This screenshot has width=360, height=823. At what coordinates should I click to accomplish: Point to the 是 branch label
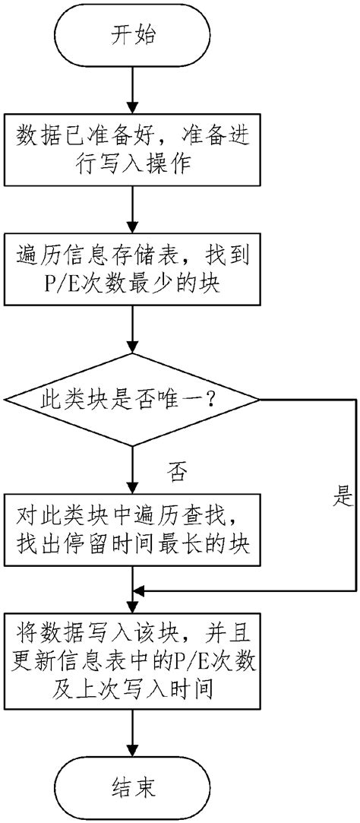tap(343, 497)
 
